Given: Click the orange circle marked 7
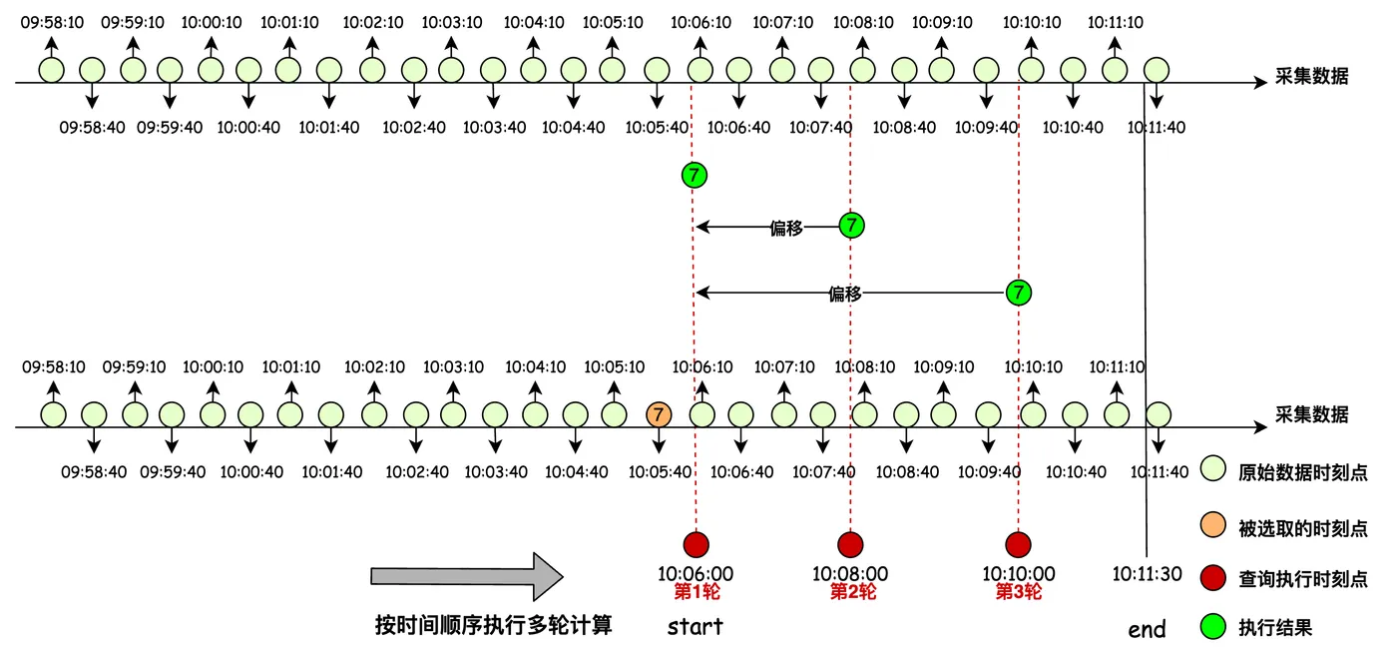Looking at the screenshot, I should [x=658, y=413].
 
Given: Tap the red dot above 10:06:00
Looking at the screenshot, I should [x=696, y=544].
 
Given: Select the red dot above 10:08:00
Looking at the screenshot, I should [x=850, y=544].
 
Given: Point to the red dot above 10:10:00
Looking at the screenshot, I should [x=1018, y=544].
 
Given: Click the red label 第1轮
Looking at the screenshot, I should [x=697, y=591].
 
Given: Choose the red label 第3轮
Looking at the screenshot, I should [x=1018, y=591].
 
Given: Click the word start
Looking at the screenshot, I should [x=695, y=627].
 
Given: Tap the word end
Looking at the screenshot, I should [x=1147, y=629].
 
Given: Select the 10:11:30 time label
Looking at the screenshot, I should [x=1147, y=574].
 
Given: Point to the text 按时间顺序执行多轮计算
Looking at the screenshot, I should [x=493, y=626].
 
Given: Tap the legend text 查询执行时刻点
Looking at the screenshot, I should [x=1302, y=579].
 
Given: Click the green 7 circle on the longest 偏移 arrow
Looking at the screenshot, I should [x=1018, y=293].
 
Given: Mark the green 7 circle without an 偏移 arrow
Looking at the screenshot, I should [x=695, y=176].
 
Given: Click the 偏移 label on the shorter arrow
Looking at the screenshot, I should [x=786, y=228].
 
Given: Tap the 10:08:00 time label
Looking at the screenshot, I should [x=850, y=574].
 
